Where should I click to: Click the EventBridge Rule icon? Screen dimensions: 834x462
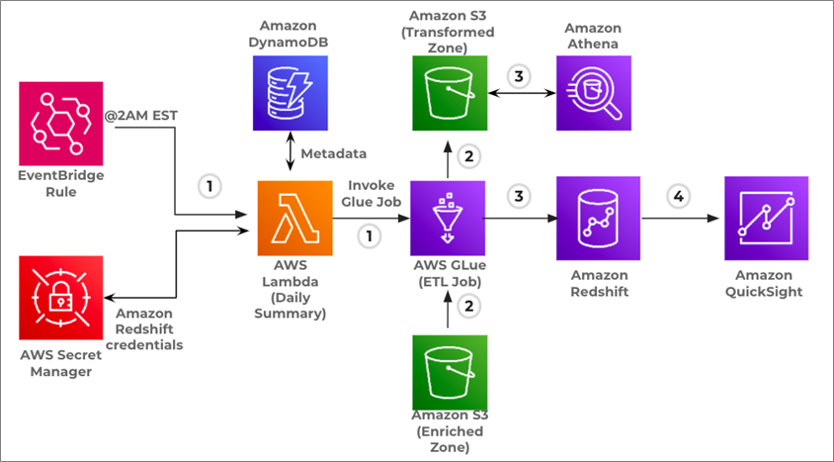coord(61,124)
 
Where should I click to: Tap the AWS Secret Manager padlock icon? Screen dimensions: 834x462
coord(61,298)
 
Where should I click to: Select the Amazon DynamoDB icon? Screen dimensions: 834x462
coord(291,93)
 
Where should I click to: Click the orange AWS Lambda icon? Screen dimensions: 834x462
coord(295,219)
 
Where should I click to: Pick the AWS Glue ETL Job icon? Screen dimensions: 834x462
coord(448,219)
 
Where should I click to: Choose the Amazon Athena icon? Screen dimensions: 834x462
coord(594,93)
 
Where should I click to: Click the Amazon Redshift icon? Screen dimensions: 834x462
coord(599,219)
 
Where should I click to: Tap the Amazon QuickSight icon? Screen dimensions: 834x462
coord(767,219)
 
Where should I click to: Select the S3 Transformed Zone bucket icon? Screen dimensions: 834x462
coord(450,93)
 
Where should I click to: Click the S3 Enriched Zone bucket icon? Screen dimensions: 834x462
coord(450,373)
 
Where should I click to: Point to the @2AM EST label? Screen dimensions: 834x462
coord(141,116)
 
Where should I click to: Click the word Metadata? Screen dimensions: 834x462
coord(333,153)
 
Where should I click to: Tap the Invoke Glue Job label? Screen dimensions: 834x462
coord(372,194)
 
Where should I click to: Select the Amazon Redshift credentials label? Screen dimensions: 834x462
coord(144,328)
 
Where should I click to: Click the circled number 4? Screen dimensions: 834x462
coord(679,197)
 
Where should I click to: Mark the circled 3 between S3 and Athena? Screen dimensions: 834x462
coord(519,76)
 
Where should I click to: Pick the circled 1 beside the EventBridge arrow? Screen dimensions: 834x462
coord(209,187)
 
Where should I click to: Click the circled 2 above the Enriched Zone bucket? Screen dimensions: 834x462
coord(469,307)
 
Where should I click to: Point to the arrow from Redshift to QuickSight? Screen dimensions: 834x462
coord(680,219)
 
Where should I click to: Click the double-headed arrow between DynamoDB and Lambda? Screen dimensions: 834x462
coord(291,151)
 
